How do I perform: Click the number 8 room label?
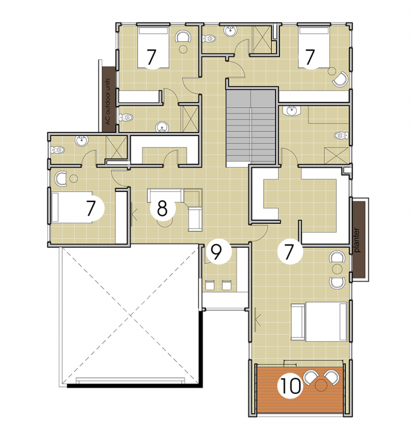click(x=162, y=208)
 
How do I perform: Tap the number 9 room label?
click(x=217, y=252)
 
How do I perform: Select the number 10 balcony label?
click(x=290, y=386)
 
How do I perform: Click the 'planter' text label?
click(x=357, y=240)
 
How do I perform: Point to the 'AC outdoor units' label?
click(x=107, y=101)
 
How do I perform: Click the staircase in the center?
click(x=251, y=128)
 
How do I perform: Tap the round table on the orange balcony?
click(x=320, y=385)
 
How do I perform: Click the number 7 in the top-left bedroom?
click(x=151, y=57)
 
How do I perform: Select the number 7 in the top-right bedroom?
click(x=310, y=57)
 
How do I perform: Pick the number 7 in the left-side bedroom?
click(x=91, y=208)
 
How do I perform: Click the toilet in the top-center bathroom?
click(x=208, y=38)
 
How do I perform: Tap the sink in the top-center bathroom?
click(x=230, y=31)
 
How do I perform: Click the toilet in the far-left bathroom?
click(x=58, y=150)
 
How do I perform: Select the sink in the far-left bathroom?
click(x=82, y=141)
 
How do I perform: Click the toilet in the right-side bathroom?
click(x=341, y=135)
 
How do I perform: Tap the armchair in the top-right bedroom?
click(x=340, y=79)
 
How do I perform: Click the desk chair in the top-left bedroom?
click(x=183, y=36)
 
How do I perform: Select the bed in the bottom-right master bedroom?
click(x=319, y=322)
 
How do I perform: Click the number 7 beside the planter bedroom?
click(x=289, y=251)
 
